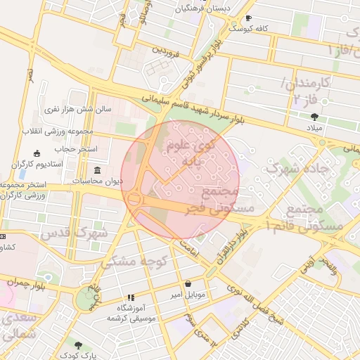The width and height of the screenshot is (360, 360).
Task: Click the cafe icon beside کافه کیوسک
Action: tap(247, 18)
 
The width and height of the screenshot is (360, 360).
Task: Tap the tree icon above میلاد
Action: tap(314, 117)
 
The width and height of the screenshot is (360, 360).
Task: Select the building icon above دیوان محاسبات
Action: tap(97, 170)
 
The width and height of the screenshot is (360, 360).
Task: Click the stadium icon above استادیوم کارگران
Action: tap(37, 154)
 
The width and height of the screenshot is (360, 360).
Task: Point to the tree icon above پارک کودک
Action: tap(78, 346)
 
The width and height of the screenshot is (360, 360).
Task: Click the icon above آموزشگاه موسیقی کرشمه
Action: tap(130, 298)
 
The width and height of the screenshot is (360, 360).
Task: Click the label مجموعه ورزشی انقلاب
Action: tap(59, 131)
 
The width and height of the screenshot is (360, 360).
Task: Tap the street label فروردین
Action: tap(167, 52)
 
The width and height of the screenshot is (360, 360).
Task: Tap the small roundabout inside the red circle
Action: tap(134, 200)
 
